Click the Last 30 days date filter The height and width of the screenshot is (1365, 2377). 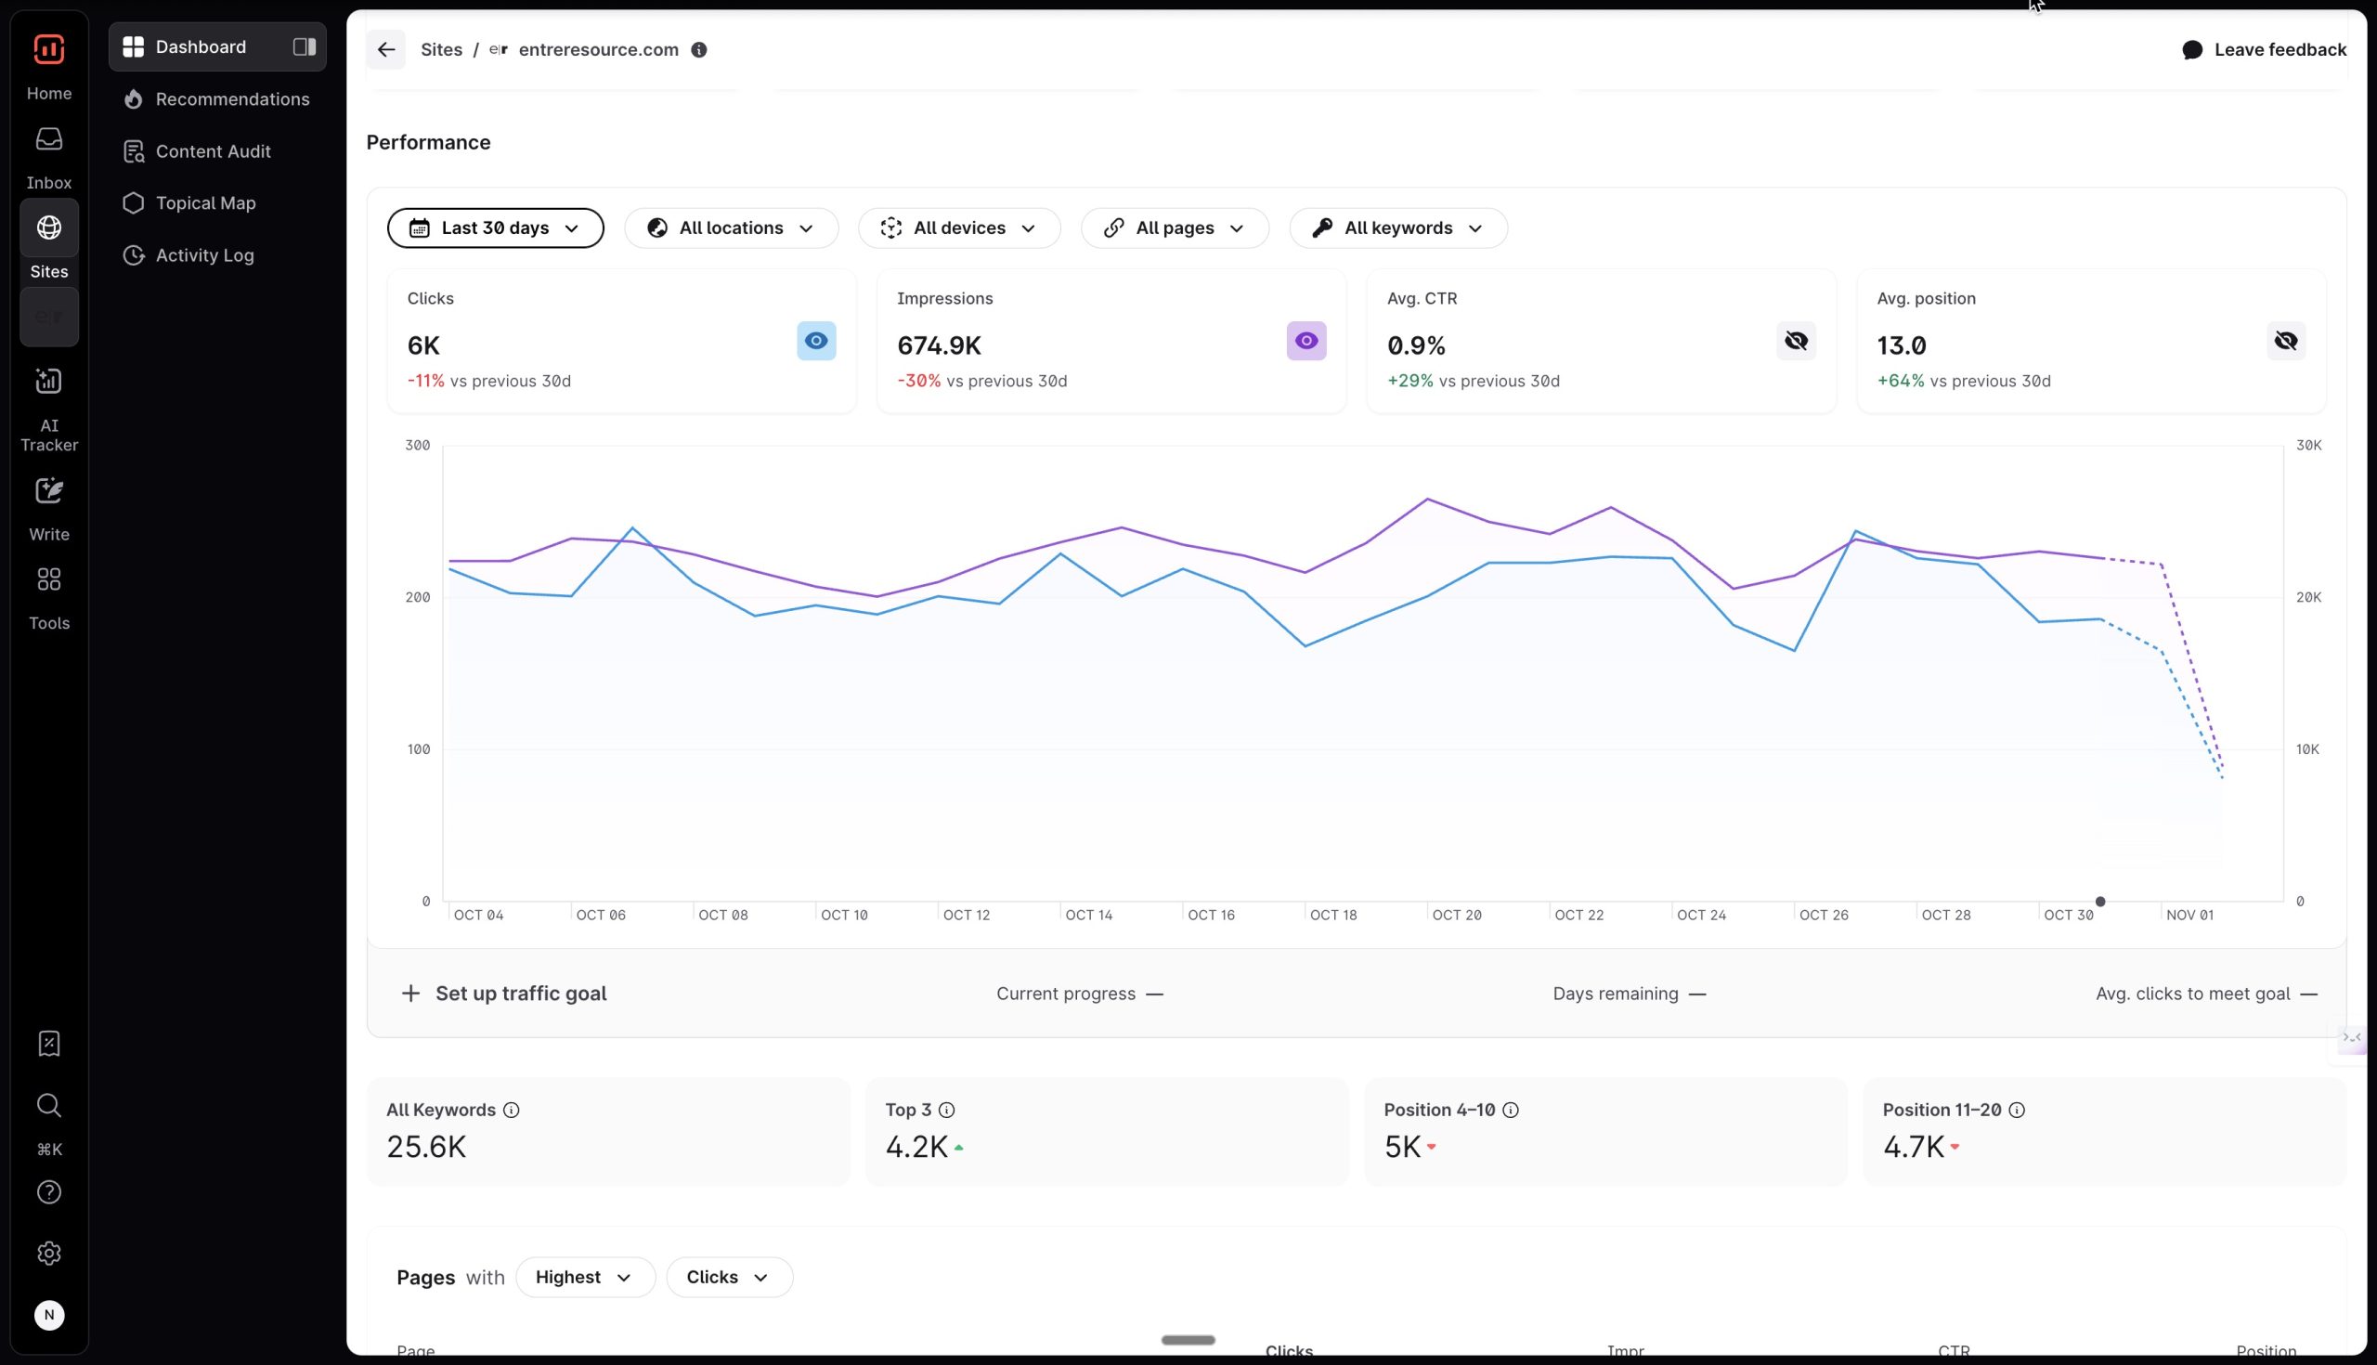point(495,227)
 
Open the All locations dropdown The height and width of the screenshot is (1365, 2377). point(731,227)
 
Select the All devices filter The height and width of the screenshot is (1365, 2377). point(959,227)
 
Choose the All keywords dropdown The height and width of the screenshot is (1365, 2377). point(1397,227)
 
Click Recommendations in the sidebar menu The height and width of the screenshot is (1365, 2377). point(231,99)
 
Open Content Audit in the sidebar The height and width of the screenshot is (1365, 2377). point(213,151)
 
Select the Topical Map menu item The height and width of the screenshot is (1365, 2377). point(205,203)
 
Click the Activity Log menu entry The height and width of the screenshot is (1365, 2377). point(204,255)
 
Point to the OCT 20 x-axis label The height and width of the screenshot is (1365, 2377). point(1457,915)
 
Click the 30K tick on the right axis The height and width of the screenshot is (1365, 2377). point(2308,446)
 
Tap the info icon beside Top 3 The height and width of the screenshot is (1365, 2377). point(947,1110)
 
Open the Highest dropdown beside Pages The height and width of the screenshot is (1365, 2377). point(584,1277)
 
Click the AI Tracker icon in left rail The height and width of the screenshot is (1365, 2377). point(48,382)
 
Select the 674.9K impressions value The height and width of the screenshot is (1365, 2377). point(938,346)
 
